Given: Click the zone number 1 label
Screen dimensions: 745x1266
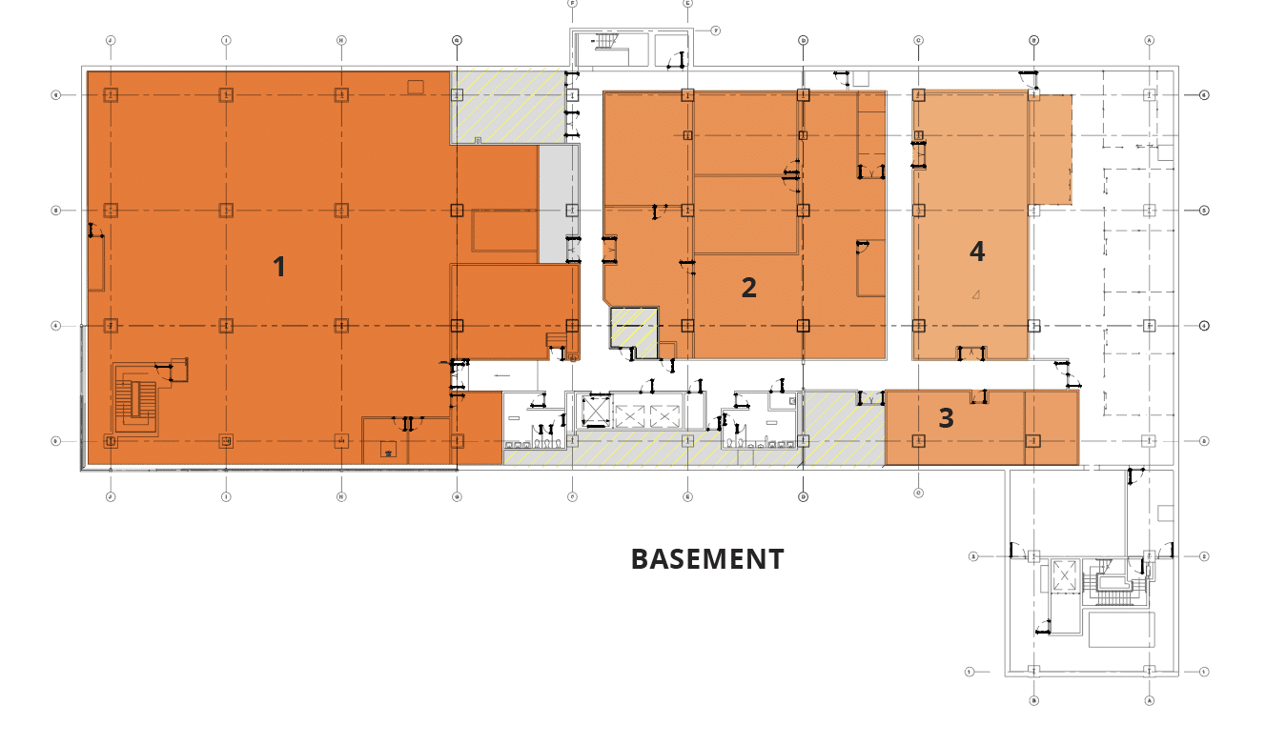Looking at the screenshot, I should click(279, 267).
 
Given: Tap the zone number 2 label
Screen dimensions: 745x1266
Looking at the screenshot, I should click(749, 287).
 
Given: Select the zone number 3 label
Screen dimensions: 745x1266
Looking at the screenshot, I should click(946, 418).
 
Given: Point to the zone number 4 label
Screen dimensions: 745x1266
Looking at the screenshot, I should click(977, 251).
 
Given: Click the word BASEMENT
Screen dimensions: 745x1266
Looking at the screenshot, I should click(707, 559).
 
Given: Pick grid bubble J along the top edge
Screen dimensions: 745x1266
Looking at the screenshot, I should click(111, 41).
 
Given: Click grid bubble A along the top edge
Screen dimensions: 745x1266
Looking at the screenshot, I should click(1150, 41).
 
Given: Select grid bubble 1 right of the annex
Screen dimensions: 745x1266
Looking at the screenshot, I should click(1205, 672).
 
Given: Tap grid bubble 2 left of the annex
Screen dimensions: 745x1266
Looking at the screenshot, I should click(973, 556).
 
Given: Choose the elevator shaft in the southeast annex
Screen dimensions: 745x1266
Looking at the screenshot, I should click(1063, 576).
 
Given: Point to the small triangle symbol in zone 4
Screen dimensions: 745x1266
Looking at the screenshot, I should click(976, 294).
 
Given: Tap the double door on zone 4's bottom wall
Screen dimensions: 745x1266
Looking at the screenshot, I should click(971, 353).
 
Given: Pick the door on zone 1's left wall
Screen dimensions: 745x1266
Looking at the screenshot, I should click(93, 230).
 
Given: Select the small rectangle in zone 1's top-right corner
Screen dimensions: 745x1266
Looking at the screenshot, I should click(416, 87).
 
